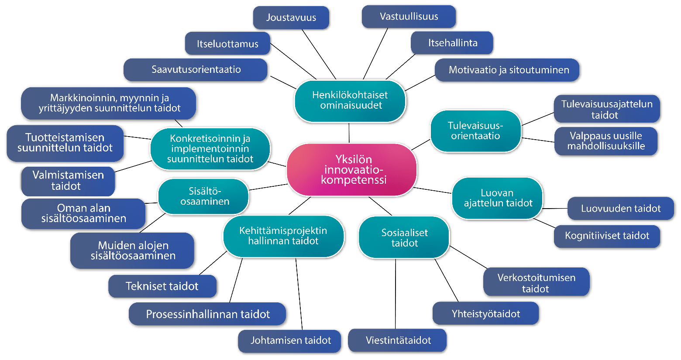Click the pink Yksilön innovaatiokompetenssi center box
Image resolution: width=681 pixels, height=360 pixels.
[351, 170]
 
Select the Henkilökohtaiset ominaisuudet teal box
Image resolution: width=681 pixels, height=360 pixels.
[350, 100]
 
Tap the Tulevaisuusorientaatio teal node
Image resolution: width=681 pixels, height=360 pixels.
[475, 130]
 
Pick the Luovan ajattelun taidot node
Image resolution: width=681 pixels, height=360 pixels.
[498, 198]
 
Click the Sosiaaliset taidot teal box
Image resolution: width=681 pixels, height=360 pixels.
[404, 238]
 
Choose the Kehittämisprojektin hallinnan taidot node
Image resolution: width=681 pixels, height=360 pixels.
[283, 236]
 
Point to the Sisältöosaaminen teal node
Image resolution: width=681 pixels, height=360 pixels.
[204, 196]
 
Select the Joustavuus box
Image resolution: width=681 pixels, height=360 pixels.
[291, 18]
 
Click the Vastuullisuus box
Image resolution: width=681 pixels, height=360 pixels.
[409, 17]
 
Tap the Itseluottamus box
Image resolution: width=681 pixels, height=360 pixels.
[227, 44]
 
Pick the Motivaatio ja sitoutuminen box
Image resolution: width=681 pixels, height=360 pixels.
[509, 70]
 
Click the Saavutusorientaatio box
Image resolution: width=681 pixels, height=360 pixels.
[196, 69]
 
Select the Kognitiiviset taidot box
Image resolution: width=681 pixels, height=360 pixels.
[607, 236]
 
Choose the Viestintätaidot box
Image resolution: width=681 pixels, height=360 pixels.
[398, 340]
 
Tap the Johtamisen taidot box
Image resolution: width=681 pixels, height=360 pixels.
[290, 340]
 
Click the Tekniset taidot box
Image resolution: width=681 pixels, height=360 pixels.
[162, 286]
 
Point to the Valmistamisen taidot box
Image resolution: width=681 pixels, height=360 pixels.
[68, 181]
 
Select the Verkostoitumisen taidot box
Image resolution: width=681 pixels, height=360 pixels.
[536, 283]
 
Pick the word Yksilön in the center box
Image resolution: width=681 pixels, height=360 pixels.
[354, 159]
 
